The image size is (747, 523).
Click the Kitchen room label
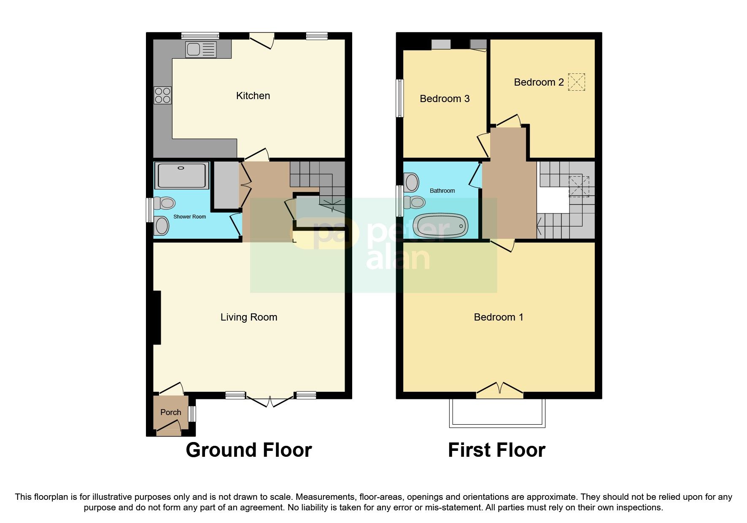pyautogui.click(x=253, y=96)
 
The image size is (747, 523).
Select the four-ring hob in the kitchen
pyautogui.click(x=162, y=95)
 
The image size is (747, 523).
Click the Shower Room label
pyautogui.click(x=189, y=217)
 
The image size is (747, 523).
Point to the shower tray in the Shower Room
pyautogui.click(x=182, y=175)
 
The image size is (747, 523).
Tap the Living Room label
pyautogui.click(x=248, y=317)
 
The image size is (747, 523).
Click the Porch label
pyautogui.click(x=170, y=412)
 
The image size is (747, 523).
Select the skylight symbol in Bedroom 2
pyautogui.click(x=577, y=82)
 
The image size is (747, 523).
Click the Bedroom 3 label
pyautogui.click(x=445, y=99)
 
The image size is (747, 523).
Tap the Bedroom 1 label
pyautogui.click(x=498, y=317)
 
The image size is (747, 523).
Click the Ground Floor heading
pyautogui.click(x=248, y=450)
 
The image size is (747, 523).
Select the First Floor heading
pyautogui.click(x=496, y=450)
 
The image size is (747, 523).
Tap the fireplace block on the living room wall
pyautogui.click(x=157, y=318)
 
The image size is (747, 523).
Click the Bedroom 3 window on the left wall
pyautogui.click(x=399, y=98)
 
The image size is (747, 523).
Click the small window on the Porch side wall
pyautogui.click(x=192, y=414)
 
